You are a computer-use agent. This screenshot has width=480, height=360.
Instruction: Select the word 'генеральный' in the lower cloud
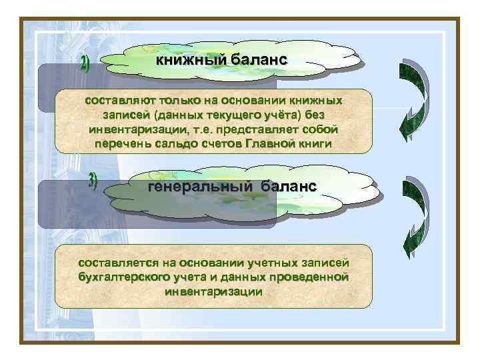click(199, 186)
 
